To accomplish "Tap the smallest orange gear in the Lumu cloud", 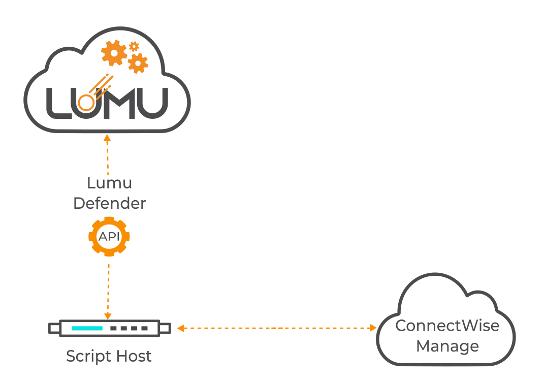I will [x=134, y=47].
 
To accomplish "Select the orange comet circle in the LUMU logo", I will [x=87, y=104].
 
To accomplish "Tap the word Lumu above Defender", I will [x=109, y=182].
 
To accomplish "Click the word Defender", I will [x=109, y=203].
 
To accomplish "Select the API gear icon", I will [x=109, y=236].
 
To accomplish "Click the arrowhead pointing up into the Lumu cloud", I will [x=107, y=138].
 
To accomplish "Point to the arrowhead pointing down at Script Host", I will [x=108, y=315].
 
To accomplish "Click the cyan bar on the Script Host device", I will [x=87, y=328].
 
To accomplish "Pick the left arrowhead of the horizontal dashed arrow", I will [x=180, y=328].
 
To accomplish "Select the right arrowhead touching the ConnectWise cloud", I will [x=372, y=328].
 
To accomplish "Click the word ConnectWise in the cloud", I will [x=447, y=326].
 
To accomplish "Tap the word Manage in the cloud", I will [x=447, y=346].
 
